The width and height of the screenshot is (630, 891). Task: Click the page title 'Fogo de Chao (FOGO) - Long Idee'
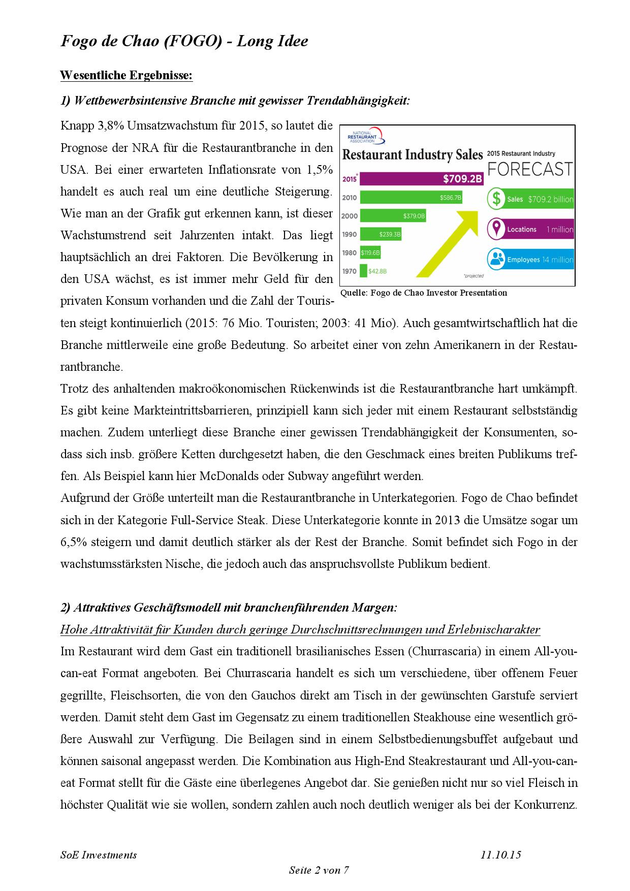click(184, 41)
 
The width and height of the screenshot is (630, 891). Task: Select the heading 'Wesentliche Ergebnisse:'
click(126, 75)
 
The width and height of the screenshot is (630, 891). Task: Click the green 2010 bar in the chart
click(411, 198)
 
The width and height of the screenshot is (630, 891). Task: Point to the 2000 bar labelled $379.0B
click(393, 216)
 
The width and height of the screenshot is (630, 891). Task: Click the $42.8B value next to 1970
click(377, 271)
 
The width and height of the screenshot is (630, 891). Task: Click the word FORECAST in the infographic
click(530, 169)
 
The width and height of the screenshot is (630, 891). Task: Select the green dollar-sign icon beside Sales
click(495, 199)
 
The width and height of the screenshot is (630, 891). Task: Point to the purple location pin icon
click(495, 229)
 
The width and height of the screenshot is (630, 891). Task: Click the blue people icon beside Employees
click(495, 260)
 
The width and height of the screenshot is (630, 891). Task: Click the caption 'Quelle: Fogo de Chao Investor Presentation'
click(423, 293)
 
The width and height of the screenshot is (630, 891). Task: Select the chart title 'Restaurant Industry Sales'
click(413, 155)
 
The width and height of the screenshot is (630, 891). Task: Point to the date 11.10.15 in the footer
click(500, 854)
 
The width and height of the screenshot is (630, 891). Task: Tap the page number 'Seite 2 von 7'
click(319, 870)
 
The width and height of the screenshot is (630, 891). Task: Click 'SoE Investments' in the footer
click(99, 854)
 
